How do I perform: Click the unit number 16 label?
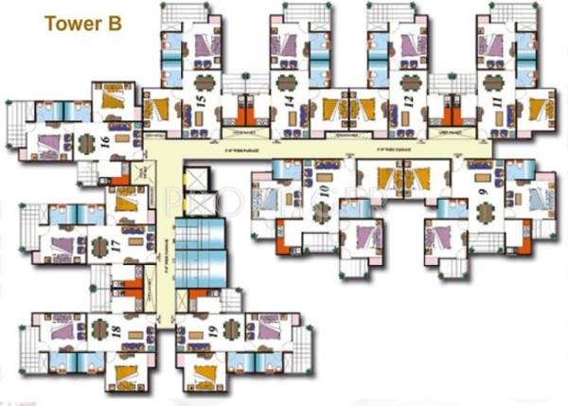105,144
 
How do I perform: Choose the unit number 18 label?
115,332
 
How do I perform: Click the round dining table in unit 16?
85,144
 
